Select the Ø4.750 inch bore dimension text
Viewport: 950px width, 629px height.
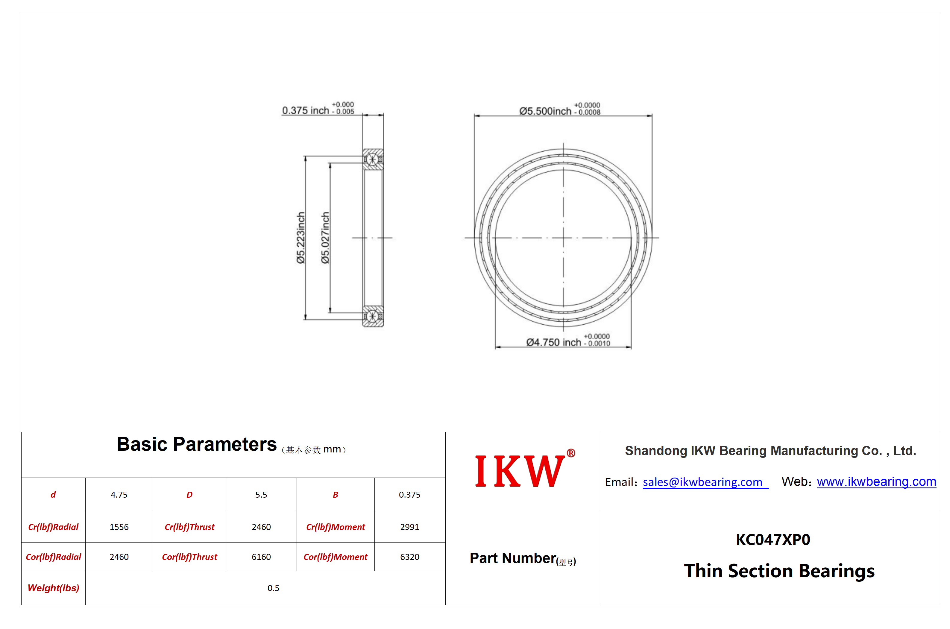click(568, 341)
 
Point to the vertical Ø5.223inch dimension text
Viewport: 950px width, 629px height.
click(301, 238)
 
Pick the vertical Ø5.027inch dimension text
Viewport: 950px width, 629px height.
click(325, 238)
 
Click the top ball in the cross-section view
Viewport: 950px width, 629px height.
click(372, 160)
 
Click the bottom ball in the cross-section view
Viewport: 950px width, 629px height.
click(372, 316)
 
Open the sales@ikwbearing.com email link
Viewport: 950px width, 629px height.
click(705, 482)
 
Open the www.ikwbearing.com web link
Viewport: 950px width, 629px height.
click(876, 481)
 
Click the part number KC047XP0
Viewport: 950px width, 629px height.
click(773, 540)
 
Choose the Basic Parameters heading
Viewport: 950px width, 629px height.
click(197, 444)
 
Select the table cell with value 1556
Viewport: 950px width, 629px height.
click(119, 527)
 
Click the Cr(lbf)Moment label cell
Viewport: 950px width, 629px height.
click(336, 527)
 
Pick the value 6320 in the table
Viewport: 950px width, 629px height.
click(410, 557)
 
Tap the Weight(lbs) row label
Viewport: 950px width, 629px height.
click(53, 588)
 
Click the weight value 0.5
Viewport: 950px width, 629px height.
click(273, 588)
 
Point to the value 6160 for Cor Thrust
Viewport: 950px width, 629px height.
click(261, 557)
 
